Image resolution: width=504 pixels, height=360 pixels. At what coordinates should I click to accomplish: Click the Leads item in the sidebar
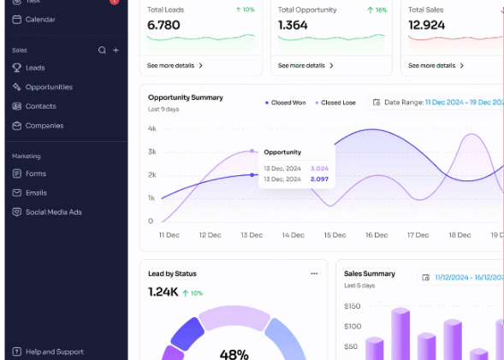pos(34,68)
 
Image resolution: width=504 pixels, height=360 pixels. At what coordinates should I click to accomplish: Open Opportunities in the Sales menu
pos(48,87)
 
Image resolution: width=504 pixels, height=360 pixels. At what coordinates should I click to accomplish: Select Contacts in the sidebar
pos(40,106)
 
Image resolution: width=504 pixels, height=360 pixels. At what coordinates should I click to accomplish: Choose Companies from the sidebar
pos(44,126)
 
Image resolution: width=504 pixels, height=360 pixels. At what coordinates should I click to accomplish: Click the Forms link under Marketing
pos(35,174)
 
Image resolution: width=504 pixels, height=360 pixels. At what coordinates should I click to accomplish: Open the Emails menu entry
pos(36,192)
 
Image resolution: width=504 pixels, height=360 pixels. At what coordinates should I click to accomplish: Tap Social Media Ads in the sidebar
pos(53,212)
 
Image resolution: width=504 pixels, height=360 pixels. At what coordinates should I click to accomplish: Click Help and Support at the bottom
pos(54,351)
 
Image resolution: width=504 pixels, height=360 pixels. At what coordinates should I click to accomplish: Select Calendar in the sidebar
pos(40,19)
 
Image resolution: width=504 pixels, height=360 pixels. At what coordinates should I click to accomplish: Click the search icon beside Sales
pos(102,50)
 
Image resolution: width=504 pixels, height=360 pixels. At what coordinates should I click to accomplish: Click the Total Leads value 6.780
pos(163,26)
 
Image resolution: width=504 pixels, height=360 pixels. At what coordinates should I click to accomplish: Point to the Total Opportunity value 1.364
pos(293,26)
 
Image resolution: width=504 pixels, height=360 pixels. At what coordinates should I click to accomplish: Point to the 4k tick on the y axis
pos(151,129)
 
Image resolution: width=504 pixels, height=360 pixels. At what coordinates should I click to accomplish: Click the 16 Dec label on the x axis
pos(377,234)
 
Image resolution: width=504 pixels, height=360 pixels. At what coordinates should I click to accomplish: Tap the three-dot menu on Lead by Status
pos(314,274)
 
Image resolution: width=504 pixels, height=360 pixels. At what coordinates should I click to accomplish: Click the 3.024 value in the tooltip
pos(318,168)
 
